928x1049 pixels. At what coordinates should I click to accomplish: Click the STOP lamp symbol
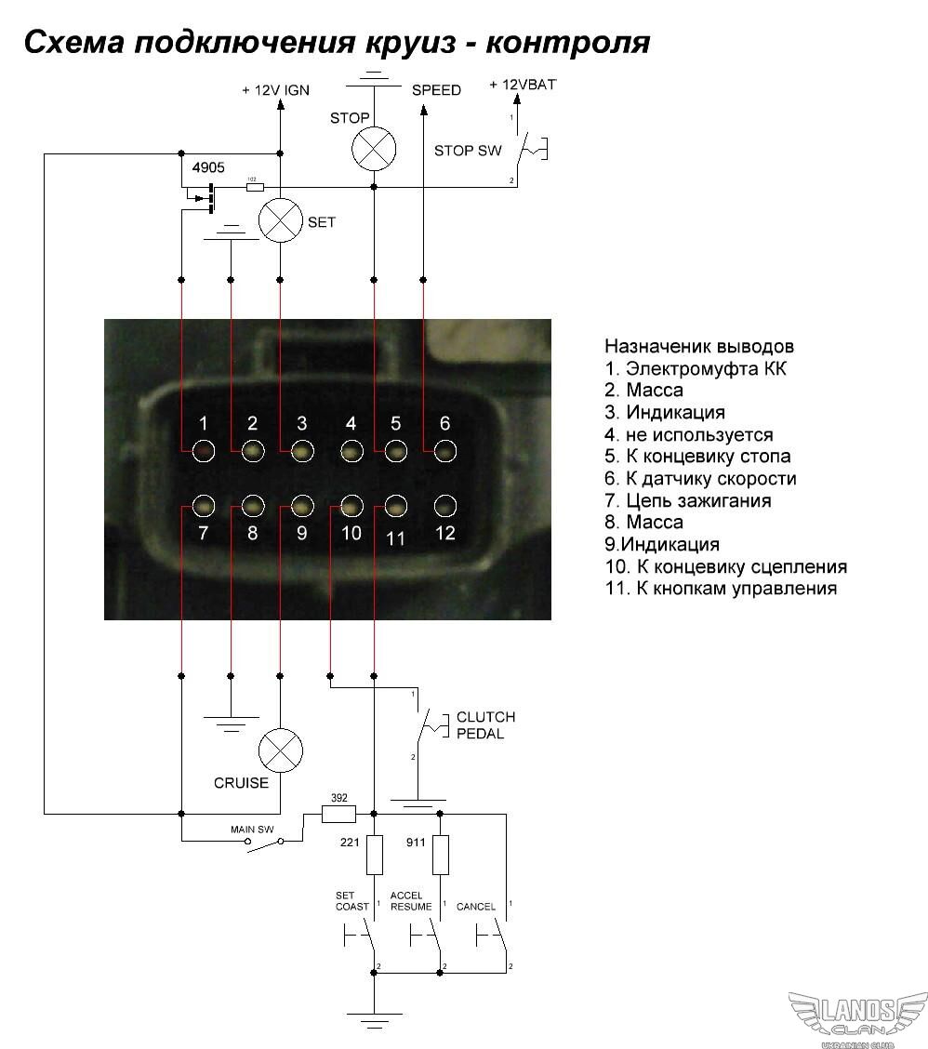tap(374, 148)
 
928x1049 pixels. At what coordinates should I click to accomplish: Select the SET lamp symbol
tap(280, 220)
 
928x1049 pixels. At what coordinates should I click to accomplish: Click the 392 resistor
tap(338, 814)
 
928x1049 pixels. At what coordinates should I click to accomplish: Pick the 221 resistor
tap(374, 855)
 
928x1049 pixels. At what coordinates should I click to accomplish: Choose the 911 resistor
tap(440, 855)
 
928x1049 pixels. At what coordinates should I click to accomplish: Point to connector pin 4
tap(351, 452)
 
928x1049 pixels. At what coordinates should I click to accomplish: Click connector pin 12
tap(445, 507)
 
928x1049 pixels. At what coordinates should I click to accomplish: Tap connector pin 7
tap(204, 507)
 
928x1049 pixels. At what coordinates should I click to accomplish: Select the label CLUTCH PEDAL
tap(484, 725)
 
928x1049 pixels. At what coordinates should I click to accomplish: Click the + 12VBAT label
tap(524, 85)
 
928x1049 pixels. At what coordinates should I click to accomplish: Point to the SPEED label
tap(436, 90)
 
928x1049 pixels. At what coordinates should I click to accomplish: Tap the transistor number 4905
tap(209, 168)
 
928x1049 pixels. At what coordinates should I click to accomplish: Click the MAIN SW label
tap(252, 828)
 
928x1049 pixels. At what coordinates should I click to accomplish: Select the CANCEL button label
tap(476, 906)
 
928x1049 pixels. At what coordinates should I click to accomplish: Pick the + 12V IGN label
tap(275, 90)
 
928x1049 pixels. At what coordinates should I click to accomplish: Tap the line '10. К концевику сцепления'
tap(725, 566)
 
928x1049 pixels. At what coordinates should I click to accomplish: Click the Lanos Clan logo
tap(857, 1019)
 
